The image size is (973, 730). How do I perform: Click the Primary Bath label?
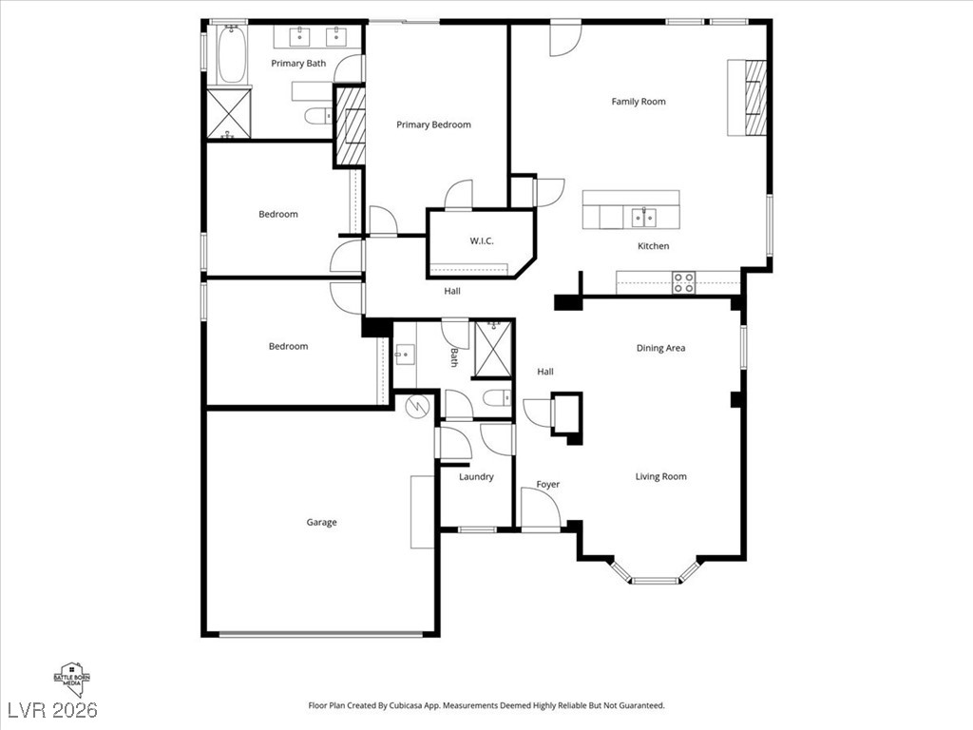[298, 64]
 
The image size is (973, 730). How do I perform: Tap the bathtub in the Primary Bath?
[232, 53]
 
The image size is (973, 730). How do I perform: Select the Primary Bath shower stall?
[228, 114]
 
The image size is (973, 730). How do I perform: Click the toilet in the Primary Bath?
[319, 115]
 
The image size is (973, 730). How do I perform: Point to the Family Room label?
[639, 101]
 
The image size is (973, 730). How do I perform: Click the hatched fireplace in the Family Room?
[755, 98]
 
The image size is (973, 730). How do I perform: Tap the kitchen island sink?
[644, 218]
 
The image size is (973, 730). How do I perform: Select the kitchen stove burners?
[684, 282]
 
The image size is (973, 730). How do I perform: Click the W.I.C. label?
[482, 240]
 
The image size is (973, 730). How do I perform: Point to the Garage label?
[321, 522]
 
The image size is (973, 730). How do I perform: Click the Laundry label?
[477, 477]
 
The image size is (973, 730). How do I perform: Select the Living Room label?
[661, 477]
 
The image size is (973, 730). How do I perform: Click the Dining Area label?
[661, 348]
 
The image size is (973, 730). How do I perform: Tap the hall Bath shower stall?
[493, 349]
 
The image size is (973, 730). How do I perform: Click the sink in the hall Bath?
[405, 355]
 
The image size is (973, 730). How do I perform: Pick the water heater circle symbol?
[418, 407]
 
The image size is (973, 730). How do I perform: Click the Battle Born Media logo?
[71, 680]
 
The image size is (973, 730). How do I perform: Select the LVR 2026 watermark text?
[52, 710]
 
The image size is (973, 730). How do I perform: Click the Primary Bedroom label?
[433, 125]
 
